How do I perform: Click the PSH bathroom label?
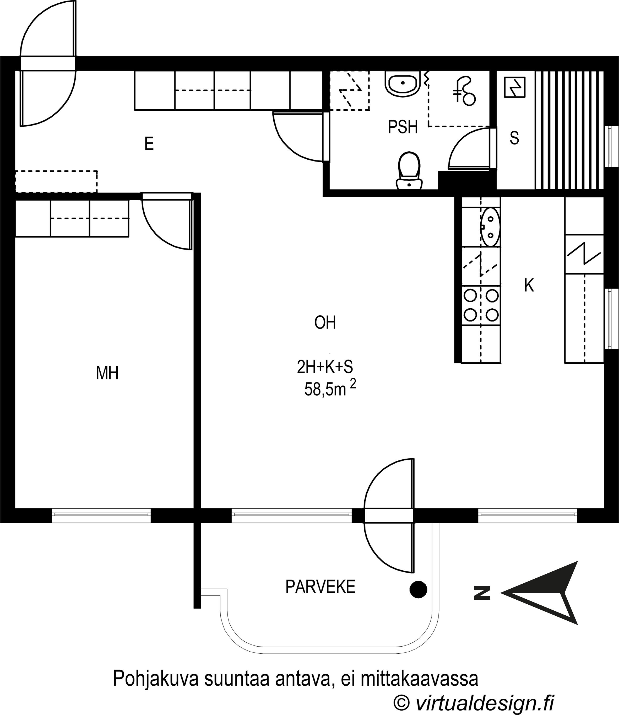(x=403, y=127)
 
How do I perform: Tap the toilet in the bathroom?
(x=409, y=171)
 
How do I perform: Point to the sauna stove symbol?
(x=515, y=87)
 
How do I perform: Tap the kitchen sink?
(x=490, y=227)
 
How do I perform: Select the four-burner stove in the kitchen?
(x=481, y=305)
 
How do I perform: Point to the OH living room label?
(x=325, y=322)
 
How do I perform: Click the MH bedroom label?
(x=107, y=373)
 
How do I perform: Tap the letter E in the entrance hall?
(x=149, y=143)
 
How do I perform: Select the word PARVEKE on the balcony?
(x=320, y=587)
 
